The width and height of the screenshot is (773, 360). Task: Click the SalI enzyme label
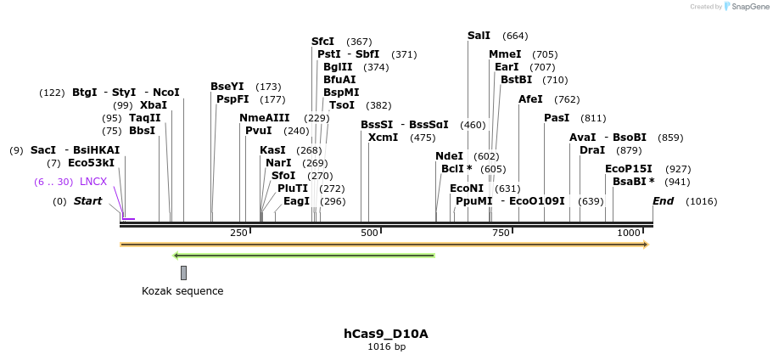pos(479,36)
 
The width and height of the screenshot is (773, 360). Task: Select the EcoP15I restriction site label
pos(629,169)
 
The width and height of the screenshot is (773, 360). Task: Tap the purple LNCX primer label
pos(93,182)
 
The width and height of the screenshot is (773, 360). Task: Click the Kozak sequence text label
pos(182,291)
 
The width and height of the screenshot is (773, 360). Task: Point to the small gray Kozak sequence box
pos(183,273)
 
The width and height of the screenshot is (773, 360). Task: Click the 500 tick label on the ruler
pos(369,233)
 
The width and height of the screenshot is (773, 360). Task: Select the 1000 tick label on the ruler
pos(629,233)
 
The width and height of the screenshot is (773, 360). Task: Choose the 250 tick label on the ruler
pos(238,233)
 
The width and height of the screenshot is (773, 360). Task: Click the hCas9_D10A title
pos(386,334)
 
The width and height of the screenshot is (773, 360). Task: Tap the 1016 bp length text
pos(386,346)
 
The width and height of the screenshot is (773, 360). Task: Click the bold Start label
pos(87,201)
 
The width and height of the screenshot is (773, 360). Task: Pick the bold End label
pos(663,201)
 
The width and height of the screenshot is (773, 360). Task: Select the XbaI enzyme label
pos(154,105)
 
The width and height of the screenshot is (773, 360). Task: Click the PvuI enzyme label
pos(259,131)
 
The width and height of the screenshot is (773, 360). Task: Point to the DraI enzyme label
pos(592,150)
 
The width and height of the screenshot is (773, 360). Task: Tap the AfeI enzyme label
pos(530,99)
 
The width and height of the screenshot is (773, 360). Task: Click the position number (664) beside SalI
pos(515,36)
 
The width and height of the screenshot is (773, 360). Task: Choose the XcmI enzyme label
pos(383,138)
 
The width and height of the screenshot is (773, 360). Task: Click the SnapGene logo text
pos(748,7)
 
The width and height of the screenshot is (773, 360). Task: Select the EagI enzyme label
pos(296,201)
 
